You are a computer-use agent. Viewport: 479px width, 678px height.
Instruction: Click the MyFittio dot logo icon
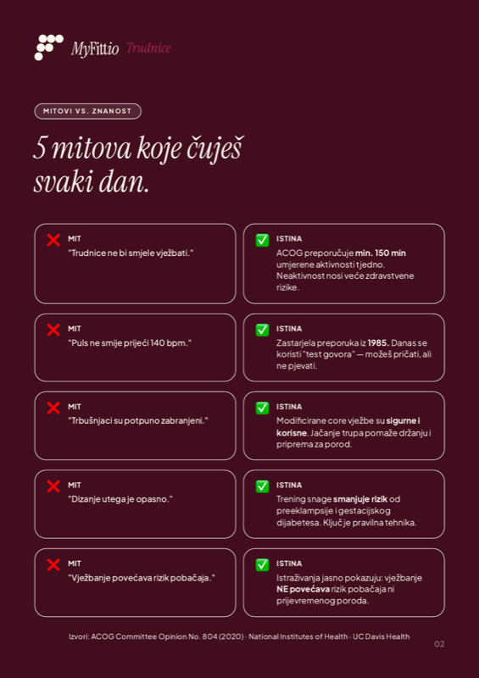[x=48, y=47]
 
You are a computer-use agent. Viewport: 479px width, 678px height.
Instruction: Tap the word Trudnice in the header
[x=149, y=48]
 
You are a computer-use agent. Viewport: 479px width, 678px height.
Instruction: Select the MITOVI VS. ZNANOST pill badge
[x=87, y=111]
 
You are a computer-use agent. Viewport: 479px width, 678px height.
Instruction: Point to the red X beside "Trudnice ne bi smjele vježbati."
[x=53, y=240]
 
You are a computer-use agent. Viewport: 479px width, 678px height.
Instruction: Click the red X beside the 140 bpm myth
[x=53, y=330]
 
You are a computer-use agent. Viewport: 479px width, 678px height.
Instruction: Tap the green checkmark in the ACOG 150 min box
[x=262, y=240]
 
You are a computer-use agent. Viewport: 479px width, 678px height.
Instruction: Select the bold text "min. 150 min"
[x=381, y=253]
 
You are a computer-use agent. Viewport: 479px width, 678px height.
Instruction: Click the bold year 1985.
[x=378, y=342]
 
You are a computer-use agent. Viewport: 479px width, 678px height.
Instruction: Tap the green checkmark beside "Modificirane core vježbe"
[x=262, y=408]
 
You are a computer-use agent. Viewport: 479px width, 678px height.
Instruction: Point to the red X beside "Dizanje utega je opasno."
[x=53, y=486]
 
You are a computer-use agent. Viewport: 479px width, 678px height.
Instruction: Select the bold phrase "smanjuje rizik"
[x=360, y=499]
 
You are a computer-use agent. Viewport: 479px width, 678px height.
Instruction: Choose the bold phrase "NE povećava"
[x=303, y=589]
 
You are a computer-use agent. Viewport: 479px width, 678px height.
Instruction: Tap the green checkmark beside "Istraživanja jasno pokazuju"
[x=262, y=564]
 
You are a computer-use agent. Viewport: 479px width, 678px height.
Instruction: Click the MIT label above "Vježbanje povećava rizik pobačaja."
[x=75, y=563]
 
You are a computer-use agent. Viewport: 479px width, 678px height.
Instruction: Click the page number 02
[x=439, y=643]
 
